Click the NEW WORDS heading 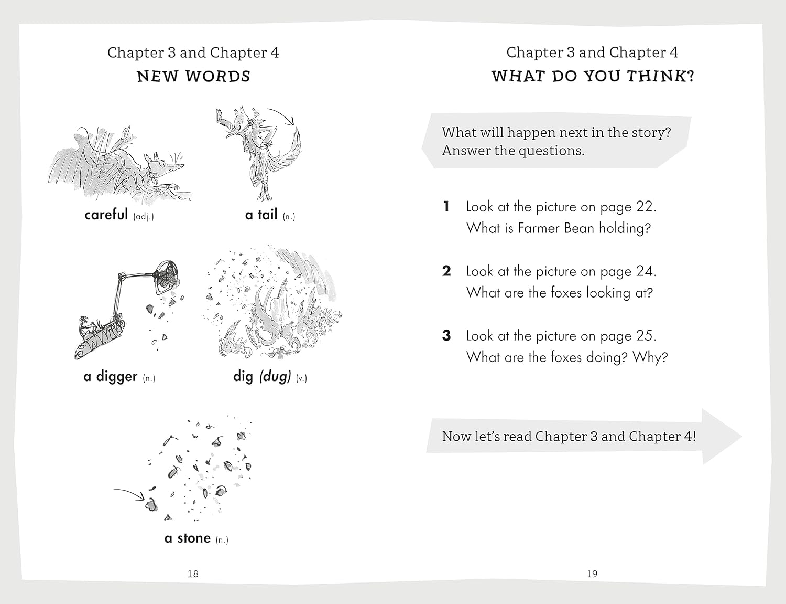click(x=193, y=77)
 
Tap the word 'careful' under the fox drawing click(x=106, y=215)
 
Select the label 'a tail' click(x=261, y=215)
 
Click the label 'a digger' click(x=111, y=377)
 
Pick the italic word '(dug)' click(x=275, y=377)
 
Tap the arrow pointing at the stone click(x=129, y=494)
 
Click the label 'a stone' click(x=188, y=538)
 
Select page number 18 click(x=193, y=574)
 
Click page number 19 click(x=592, y=574)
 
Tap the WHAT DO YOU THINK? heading click(x=593, y=77)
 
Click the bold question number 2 click(x=447, y=271)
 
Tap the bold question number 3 click(x=447, y=336)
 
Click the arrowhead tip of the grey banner click(x=741, y=437)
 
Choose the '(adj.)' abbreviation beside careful click(x=144, y=217)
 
